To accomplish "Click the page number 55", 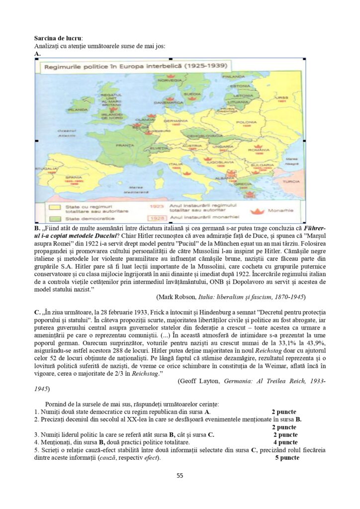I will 180,476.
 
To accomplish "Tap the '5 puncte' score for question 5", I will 287,458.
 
